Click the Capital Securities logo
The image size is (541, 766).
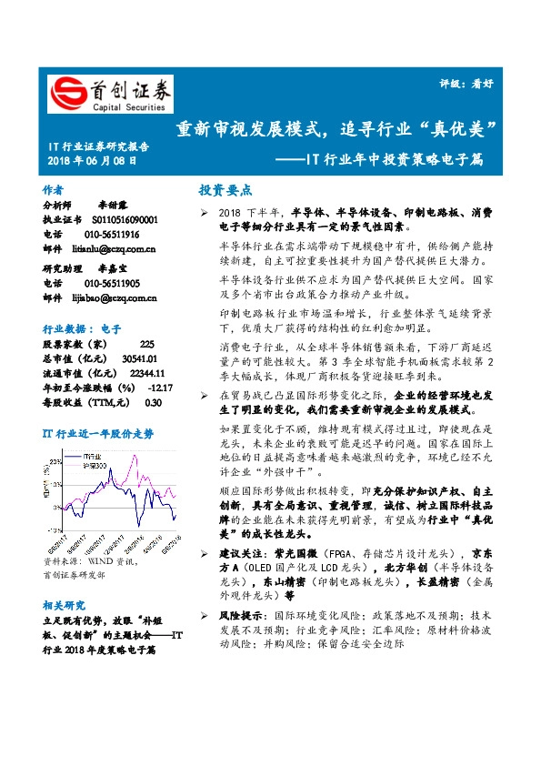(x=108, y=92)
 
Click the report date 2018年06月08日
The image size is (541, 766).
(x=92, y=160)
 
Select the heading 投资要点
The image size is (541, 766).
(x=225, y=190)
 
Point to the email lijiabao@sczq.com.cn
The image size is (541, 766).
(x=115, y=297)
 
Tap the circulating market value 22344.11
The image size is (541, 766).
(x=145, y=373)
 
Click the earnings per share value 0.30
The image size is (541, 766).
(x=153, y=402)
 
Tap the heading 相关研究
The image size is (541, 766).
(x=65, y=604)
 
